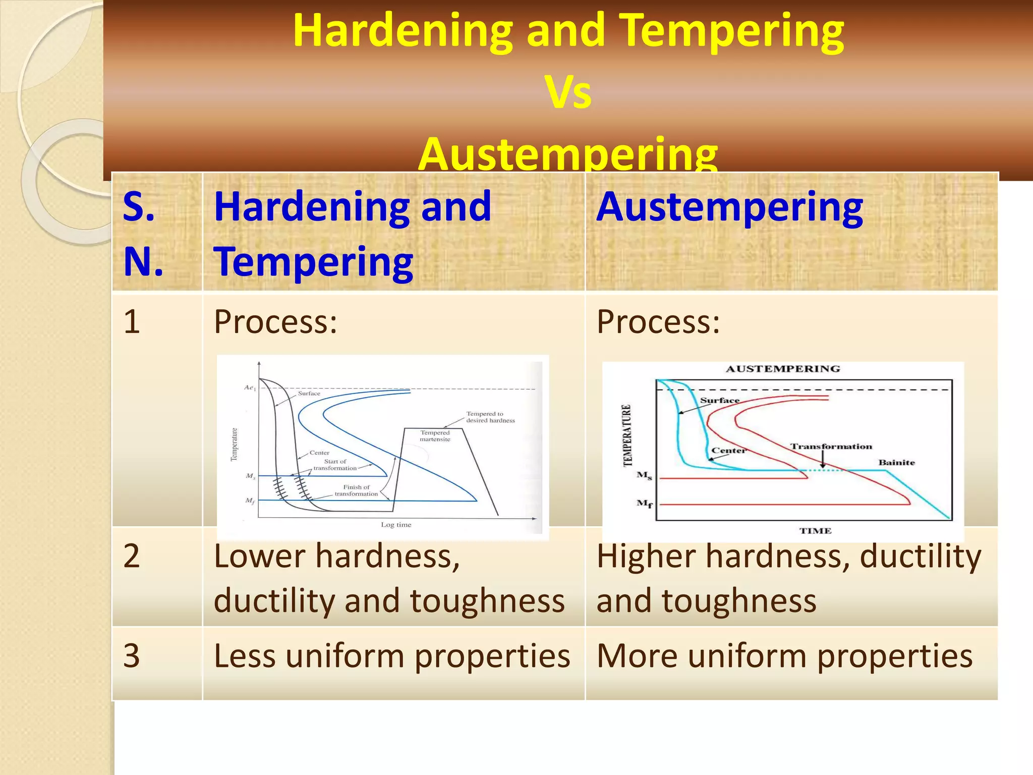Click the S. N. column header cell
point(157,233)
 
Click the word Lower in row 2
point(259,556)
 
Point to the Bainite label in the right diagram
point(896,462)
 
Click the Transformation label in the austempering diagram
point(831,447)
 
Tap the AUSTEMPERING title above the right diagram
point(783,369)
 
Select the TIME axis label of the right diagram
point(815,531)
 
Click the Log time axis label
point(396,525)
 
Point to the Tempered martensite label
point(435,436)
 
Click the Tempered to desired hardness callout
point(490,417)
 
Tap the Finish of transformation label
point(356,490)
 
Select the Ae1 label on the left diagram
point(250,387)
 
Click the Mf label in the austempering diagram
point(644,504)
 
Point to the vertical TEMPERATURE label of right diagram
point(627,435)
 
